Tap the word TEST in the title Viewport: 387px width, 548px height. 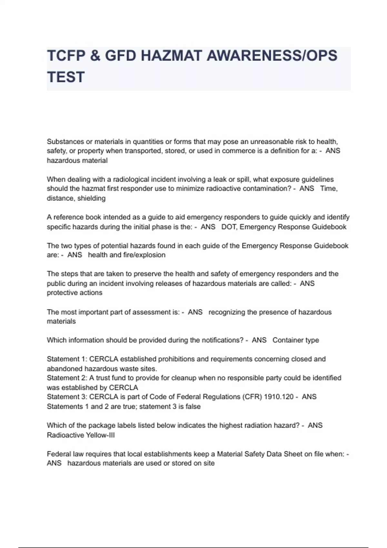point(66,77)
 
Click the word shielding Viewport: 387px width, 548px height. point(91,198)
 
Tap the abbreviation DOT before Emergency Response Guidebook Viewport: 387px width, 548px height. point(228,227)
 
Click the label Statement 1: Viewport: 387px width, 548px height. point(67,359)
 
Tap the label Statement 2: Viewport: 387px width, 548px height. point(67,378)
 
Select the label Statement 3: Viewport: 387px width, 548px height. point(67,397)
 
